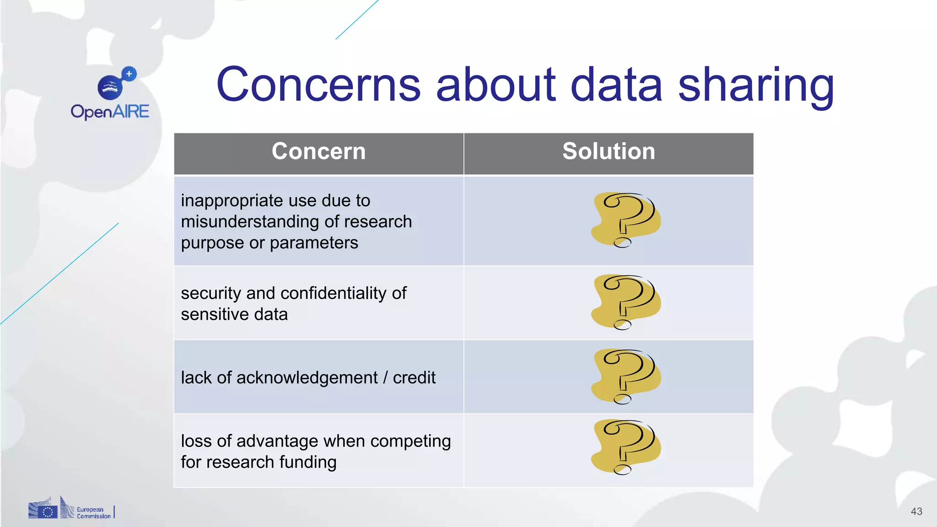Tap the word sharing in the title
point(756,86)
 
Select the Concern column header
point(318,151)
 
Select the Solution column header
point(609,151)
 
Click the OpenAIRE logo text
point(110,112)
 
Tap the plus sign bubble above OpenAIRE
point(129,74)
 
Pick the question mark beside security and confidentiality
point(626,302)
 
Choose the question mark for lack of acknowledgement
point(626,376)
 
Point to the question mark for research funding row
point(626,447)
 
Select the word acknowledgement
point(307,378)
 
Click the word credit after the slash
point(414,378)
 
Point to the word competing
point(410,441)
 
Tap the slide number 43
point(916,511)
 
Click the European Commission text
point(93,513)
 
